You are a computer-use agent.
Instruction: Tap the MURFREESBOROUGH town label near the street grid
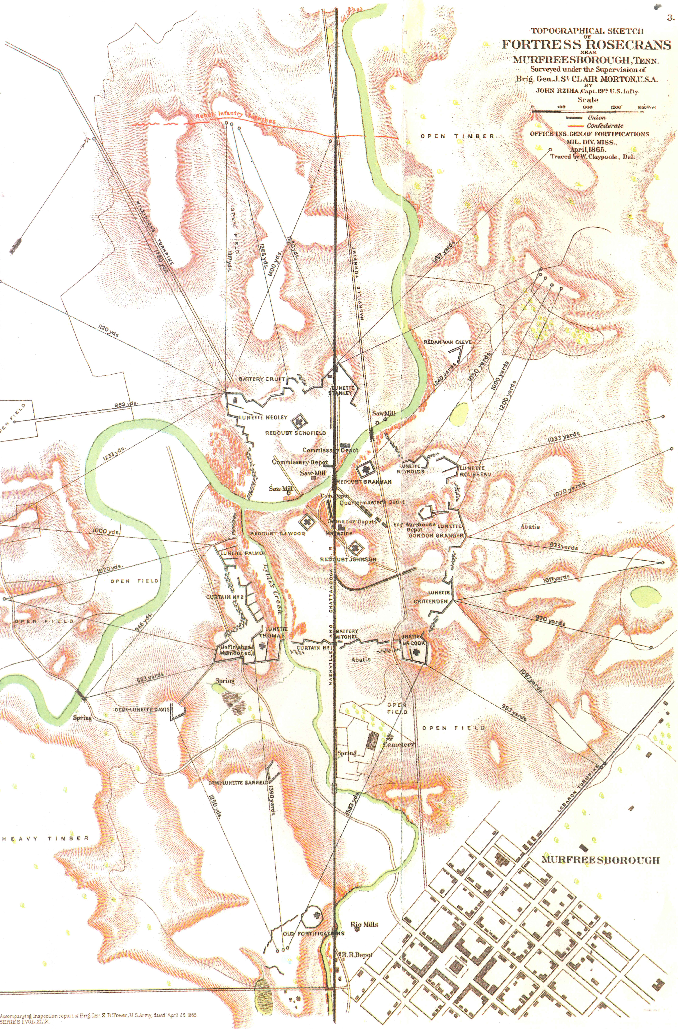601,860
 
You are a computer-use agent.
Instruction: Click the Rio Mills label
364,925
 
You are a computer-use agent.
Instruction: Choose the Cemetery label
399,745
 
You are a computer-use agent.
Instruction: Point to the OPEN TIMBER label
457,136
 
